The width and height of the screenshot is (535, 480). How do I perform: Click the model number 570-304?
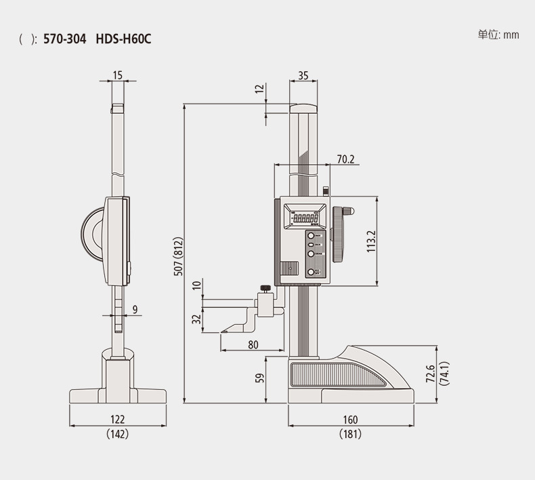[64, 39]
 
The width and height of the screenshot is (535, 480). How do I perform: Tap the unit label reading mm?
[511, 35]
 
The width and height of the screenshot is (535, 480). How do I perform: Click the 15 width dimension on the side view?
[118, 75]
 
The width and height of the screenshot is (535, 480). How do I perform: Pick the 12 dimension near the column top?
[258, 90]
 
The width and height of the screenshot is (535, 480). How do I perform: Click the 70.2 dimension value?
[346, 160]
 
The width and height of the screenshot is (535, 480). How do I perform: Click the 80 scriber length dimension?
[253, 344]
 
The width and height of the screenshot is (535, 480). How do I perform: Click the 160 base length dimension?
[350, 420]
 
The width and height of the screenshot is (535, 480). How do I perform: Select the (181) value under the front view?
[350, 435]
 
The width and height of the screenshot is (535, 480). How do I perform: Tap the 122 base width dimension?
[118, 420]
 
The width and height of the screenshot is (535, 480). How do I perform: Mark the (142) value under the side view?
[118, 435]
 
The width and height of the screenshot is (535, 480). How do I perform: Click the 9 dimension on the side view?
[135, 310]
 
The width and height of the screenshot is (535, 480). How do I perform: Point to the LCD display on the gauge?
[305, 219]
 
